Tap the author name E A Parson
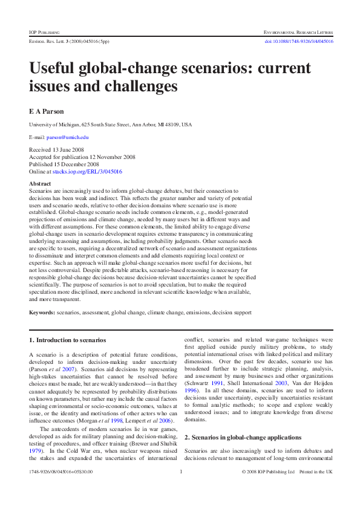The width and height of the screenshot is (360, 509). tap(47, 111)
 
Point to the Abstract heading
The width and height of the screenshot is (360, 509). tap(40, 183)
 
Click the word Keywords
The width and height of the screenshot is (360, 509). tap(42, 312)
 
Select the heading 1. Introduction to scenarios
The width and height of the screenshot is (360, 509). tap(68, 340)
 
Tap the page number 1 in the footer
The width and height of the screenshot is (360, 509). tap(181, 488)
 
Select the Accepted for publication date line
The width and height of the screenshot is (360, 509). tap(82, 157)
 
